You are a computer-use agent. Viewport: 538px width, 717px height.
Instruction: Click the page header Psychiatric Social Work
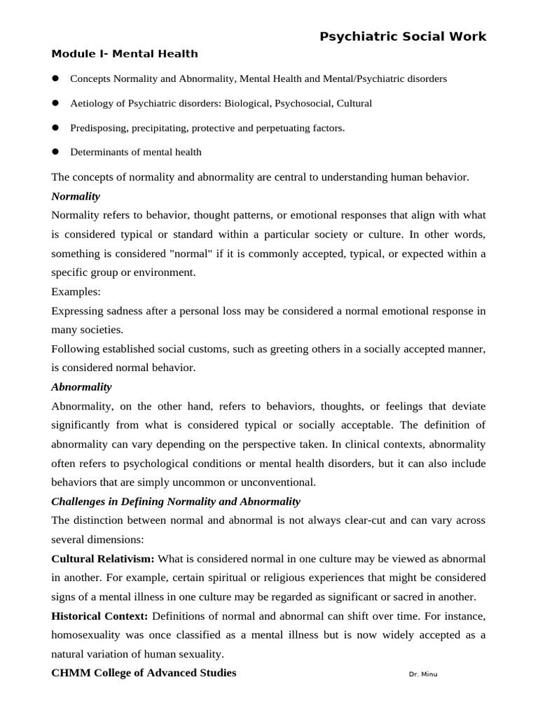pos(403,37)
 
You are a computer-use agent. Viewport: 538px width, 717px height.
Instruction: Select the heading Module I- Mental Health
pos(125,54)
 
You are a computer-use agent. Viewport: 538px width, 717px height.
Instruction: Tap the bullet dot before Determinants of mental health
pos(55,151)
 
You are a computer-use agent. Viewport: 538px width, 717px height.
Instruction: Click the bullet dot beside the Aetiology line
pos(55,103)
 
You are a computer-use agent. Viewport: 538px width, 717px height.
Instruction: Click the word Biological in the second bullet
pos(248,103)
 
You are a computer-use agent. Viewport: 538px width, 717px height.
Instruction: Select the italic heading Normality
pos(76,196)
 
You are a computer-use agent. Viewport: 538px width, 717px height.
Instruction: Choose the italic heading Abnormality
pos(81,387)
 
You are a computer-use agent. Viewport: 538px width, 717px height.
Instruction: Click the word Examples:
pos(76,291)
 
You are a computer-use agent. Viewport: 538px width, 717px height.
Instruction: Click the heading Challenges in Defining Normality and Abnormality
pos(176,501)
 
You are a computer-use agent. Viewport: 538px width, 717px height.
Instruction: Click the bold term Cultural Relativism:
pos(104,559)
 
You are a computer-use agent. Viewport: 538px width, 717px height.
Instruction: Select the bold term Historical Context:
pos(100,616)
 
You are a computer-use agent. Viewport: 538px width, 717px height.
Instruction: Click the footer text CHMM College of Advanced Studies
pos(144,673)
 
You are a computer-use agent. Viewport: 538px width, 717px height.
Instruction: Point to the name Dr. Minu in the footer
pos(422,674)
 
